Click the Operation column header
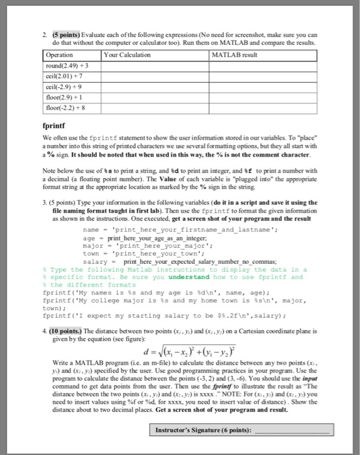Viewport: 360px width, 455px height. [73, 55]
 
